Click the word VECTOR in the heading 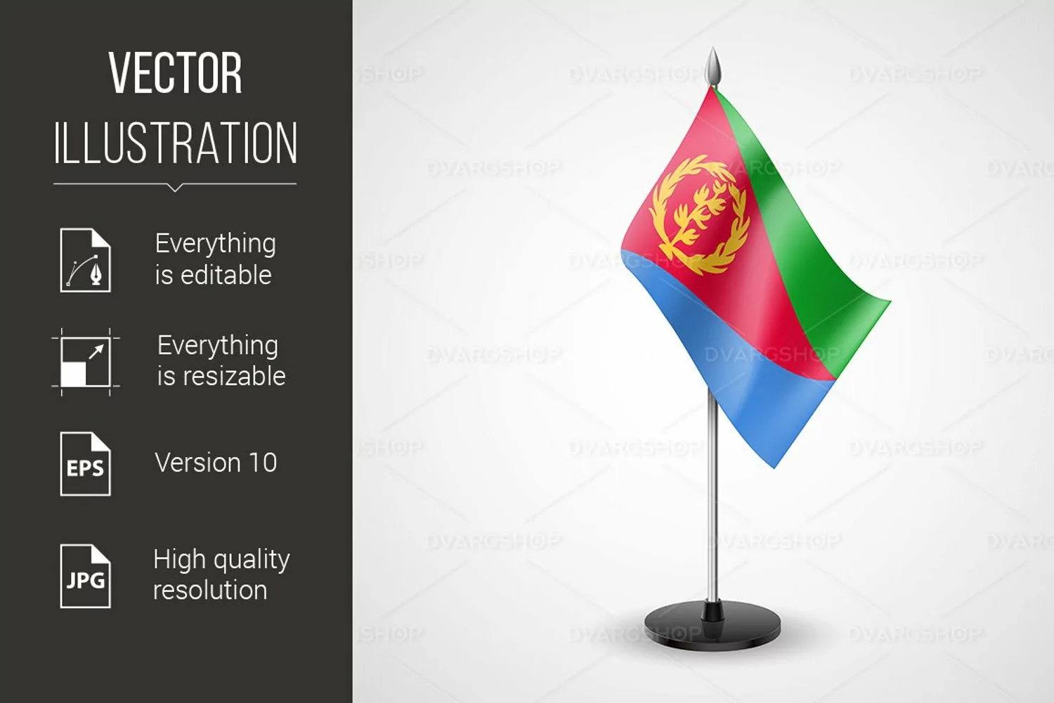pyautogui.click(x=176, y=73)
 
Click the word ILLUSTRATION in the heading pyautogui.click(x=176, y=143)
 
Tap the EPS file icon pyautogui.click(x=85, y=464)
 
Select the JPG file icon pyautogui.click(x=85, y=576)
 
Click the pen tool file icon pyautogui.click(x=85, y=260)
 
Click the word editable pyautogui.click(x=226, y=275)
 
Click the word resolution pyautogui.click(x=210, y=590)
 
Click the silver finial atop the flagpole pyautogui.click(x=713, y=66)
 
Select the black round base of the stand pyautogui.click(x=713, y=626)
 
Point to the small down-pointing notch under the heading pyautogui.click(x=175, y=188)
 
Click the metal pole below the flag pyautogui.click(x=713, y=494)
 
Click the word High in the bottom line pyautogui.click(x=179, y=560)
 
